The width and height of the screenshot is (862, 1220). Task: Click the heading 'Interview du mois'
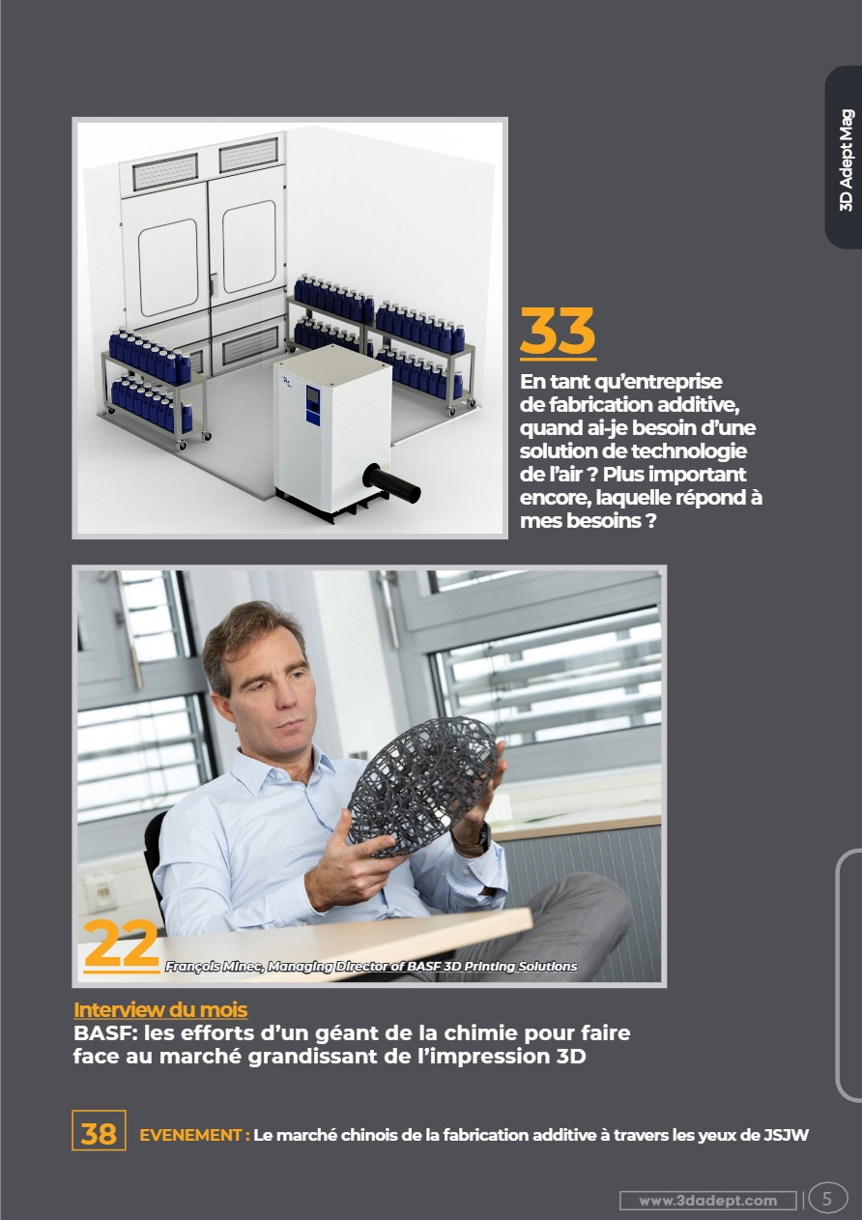(160, 1009)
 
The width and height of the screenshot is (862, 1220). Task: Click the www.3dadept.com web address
(708, 1201)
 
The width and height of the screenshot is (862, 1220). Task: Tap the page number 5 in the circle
(827, 1199)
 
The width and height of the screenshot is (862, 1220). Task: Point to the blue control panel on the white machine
(312, 404)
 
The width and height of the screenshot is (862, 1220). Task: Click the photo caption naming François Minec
(371, 966)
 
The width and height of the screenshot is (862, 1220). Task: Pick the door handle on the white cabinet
(214, 284)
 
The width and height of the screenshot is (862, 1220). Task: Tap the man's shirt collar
(283, 766)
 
